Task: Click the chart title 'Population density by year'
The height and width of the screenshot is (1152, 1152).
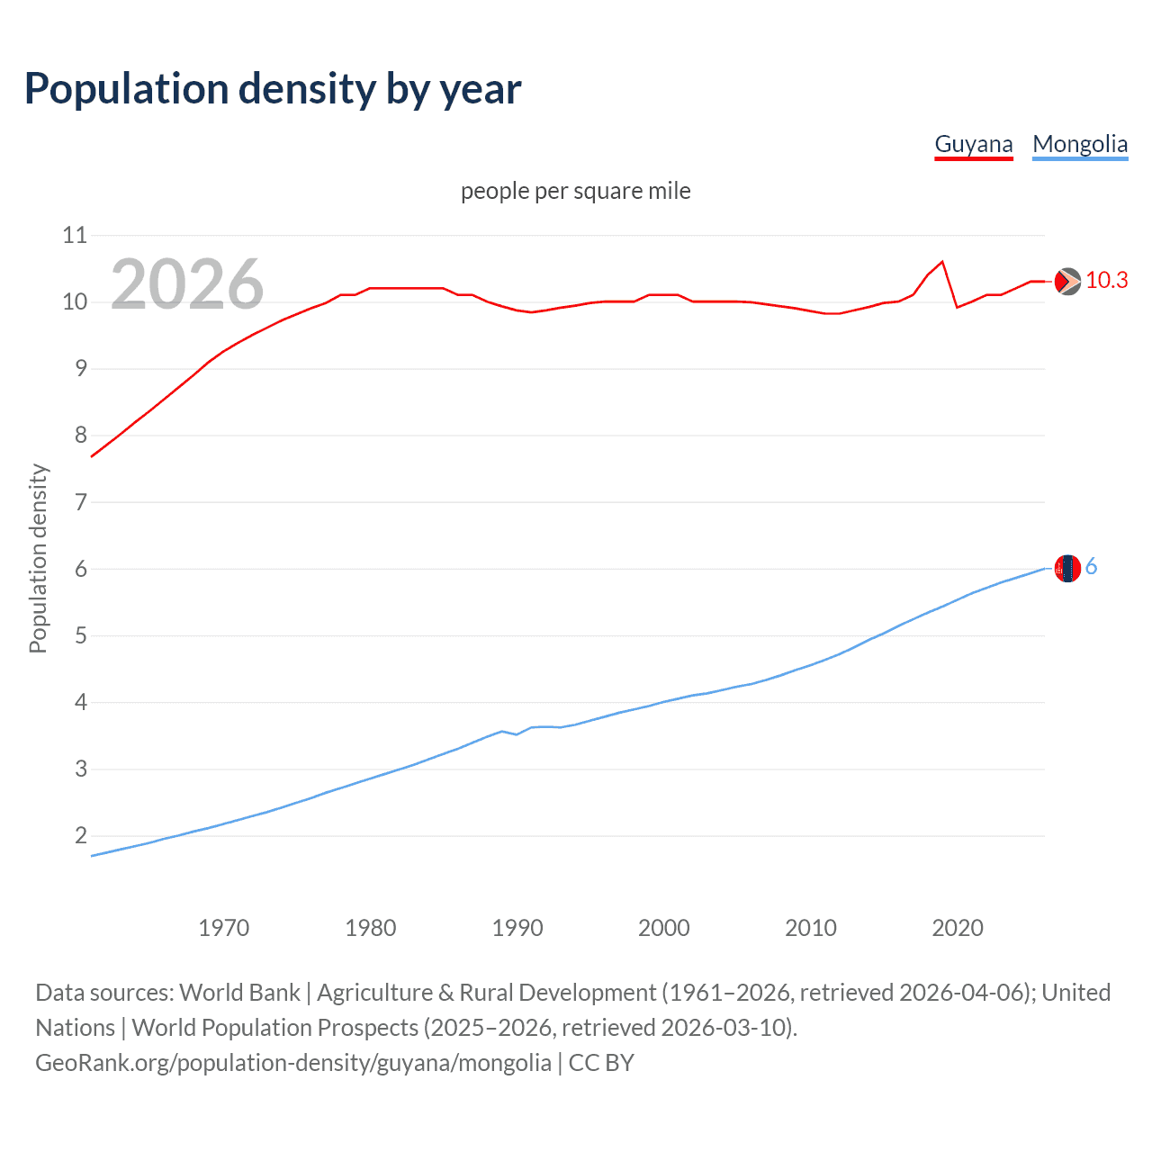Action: (273, 89)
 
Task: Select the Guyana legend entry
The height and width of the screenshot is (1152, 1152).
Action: (973, 144)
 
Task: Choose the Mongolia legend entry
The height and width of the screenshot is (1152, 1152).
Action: (1079, 144)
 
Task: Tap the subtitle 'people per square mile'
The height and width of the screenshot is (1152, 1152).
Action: (575, 192)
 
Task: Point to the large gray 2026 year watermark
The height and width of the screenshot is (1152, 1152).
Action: (187, 284)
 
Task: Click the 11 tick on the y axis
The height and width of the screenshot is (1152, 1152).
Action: (75, 236)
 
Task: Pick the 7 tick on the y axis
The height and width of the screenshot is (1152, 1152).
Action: (81, 502)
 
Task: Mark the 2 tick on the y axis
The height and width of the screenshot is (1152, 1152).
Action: (81, 836)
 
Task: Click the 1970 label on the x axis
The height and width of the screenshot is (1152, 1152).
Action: (223, 928)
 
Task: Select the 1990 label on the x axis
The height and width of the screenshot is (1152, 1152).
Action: (517, 928)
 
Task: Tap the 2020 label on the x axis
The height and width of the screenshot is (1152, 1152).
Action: (957, 928)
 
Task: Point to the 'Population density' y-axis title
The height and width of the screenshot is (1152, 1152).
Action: (38, 558)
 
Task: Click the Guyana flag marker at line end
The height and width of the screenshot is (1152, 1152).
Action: (1067, 282)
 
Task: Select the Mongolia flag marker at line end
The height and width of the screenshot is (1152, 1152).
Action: (1067, 569)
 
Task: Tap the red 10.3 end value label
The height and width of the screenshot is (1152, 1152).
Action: (1106, 281)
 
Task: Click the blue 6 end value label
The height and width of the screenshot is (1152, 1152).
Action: (1091, 567)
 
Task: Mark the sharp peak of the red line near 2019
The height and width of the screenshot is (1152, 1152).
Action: (942, 262)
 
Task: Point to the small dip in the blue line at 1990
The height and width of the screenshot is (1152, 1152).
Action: (516, 734)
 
